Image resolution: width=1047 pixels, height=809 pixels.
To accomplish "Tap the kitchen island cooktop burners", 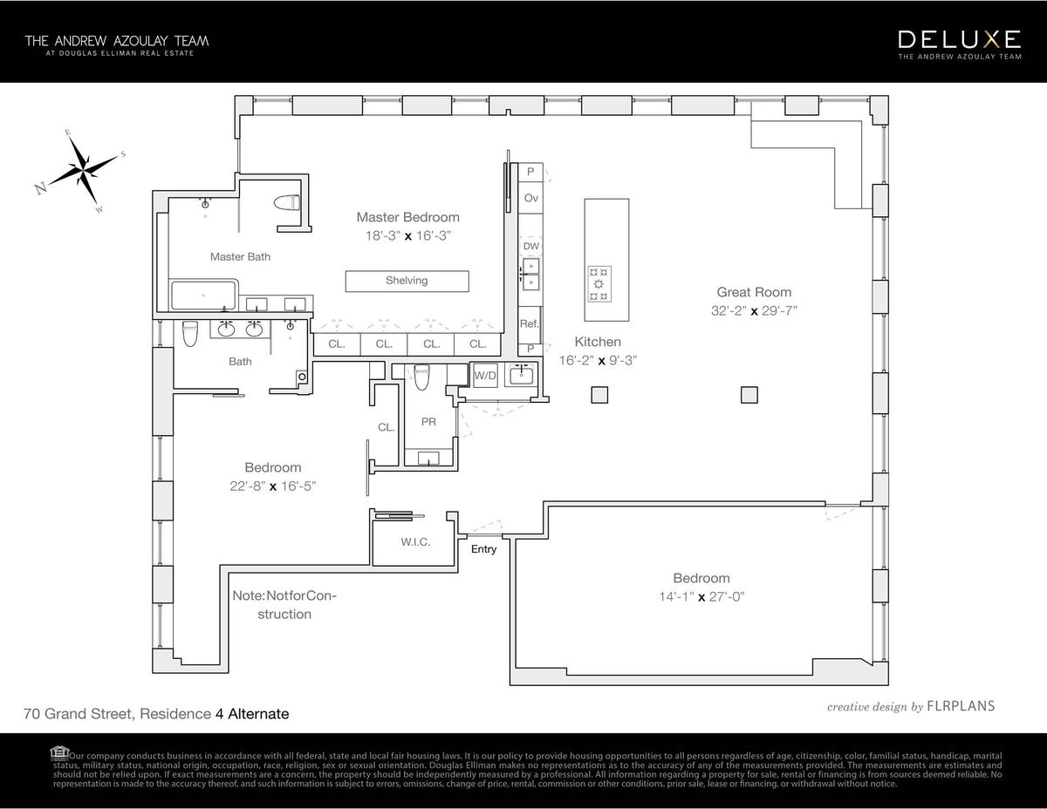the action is (x=599, y=283).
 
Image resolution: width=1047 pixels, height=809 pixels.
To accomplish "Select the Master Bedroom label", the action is (x=407, y=217).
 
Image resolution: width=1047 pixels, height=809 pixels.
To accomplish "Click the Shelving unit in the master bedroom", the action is (x=407, y=281).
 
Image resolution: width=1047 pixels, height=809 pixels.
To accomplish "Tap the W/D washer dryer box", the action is (x=484, y=376).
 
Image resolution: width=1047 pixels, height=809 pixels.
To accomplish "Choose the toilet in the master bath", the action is (x=286, y=203).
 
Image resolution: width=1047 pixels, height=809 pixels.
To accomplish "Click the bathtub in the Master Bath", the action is (x=204, y=296).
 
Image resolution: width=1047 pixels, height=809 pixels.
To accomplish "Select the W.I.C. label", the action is (x=415, y=542).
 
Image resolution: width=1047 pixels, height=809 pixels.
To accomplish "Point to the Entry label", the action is (x=483, y=549).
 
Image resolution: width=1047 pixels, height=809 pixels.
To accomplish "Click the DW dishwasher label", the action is (x=530, y=247).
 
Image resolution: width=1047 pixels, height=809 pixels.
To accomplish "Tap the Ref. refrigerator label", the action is (x=530, y=323).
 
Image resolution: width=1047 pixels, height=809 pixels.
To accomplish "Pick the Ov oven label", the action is (x=530, y=199).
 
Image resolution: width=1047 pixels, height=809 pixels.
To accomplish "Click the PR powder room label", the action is (x=428, y=422).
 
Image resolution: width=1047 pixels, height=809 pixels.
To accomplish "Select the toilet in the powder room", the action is (x=422, y=377).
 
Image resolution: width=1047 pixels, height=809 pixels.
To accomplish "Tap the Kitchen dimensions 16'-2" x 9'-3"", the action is (x=599, y=359).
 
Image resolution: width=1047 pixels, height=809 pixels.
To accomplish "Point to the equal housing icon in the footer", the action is (x=59, y=753).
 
